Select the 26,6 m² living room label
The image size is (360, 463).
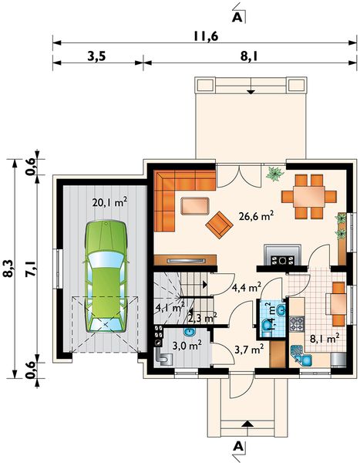(257, 217)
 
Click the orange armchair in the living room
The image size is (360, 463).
(220, 225)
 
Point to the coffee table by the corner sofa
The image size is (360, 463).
(193, 204)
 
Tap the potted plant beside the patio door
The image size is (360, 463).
(273, 175)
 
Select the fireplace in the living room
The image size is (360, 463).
(278, 254)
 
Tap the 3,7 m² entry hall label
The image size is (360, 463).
(249, 352)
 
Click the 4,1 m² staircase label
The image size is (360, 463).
(170, 307)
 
